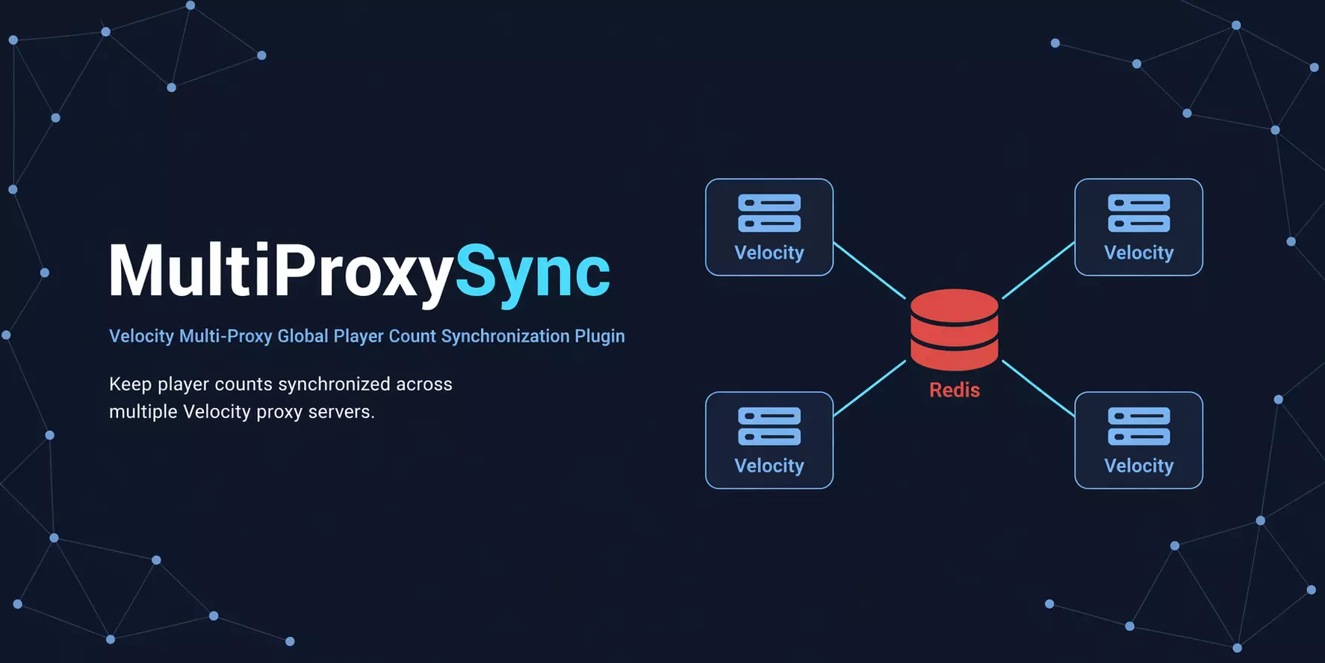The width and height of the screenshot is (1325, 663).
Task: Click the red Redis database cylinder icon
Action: tap(954, 329)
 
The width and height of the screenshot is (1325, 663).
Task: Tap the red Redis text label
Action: tap(955, 389)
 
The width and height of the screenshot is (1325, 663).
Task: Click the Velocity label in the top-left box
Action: tap(769, 253)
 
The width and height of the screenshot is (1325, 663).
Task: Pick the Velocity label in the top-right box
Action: tap(1139, 253)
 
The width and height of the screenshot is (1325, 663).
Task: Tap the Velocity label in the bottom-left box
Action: tap(769, 466)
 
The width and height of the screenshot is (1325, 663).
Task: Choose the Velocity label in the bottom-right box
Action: tap(1139, 466)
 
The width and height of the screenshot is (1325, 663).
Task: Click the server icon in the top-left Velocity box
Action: tap(769, 213)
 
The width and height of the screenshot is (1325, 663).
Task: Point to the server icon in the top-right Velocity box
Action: tap(1139, 213)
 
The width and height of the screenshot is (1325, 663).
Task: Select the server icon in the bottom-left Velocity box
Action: tap(769, 426)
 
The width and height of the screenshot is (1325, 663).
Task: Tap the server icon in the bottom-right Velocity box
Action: tap(1139, 426)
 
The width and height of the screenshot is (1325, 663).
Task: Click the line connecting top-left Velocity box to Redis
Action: tap(869, 270)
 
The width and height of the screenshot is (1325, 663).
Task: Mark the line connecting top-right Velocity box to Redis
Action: tap(1038, 270)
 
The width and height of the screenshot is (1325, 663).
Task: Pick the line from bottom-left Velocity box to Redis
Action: tap(869, 388)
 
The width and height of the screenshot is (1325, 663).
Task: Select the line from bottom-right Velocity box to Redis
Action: tap(1038, 388)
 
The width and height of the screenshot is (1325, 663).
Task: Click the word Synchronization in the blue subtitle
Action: tap(506, 336)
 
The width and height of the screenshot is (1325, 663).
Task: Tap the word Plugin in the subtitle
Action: tap(600, 336)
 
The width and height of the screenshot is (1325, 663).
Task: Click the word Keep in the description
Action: tap(131, 384)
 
